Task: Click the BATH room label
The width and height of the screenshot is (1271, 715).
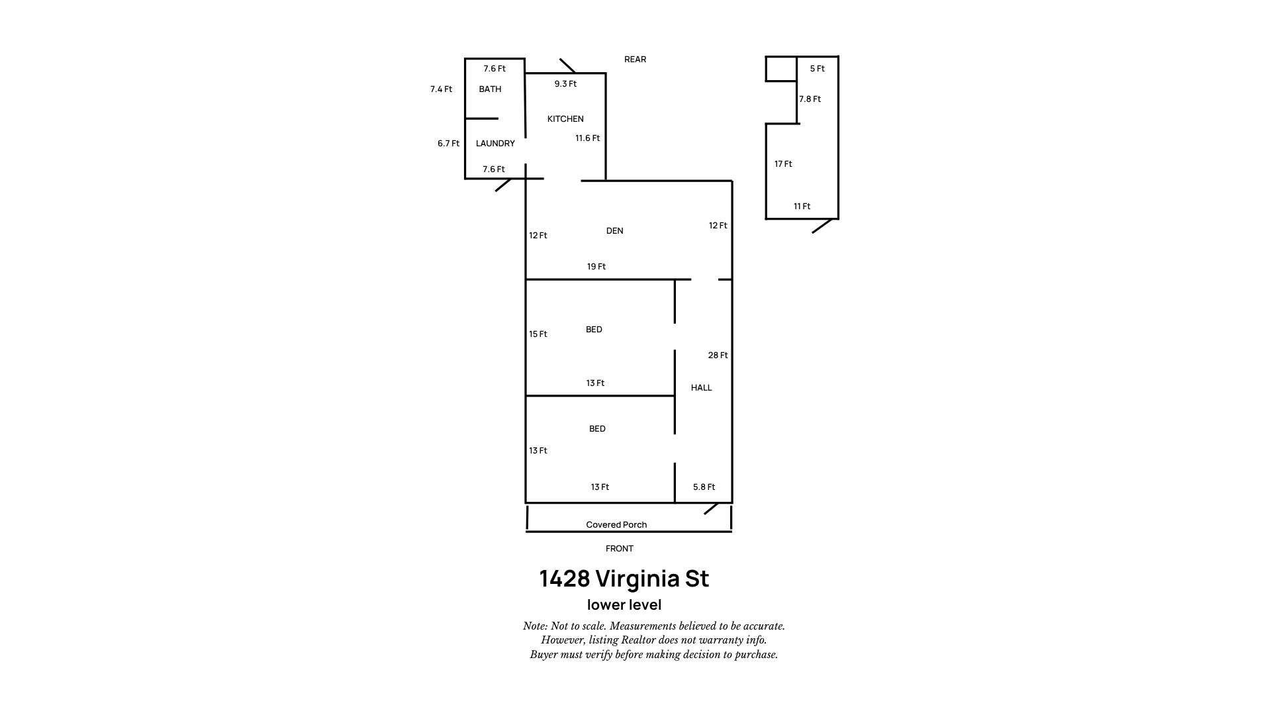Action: [490, 89]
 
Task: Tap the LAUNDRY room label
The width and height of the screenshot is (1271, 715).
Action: [495, 144]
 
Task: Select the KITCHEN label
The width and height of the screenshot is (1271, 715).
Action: [565, 119]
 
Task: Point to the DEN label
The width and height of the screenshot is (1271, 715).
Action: [614, 231]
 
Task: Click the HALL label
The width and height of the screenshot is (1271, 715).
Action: [701, 388]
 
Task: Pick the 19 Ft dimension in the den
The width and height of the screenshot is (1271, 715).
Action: [596, 267]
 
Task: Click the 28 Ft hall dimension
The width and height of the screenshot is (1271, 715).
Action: [718, 356]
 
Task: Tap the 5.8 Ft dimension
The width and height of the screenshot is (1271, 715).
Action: [704, 487]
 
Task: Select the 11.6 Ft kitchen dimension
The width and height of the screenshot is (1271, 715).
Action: [587, 138]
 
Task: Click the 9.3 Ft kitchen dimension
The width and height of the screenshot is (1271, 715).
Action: [565, 84]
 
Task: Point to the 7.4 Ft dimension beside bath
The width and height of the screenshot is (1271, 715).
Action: [441, 89]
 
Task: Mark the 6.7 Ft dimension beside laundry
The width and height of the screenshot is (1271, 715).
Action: [448, 144]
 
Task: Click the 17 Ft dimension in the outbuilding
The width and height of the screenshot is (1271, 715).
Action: [783, 164]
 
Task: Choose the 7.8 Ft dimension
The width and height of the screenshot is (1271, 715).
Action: [810, 99]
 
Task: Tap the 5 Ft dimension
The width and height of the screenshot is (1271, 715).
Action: [818, 69]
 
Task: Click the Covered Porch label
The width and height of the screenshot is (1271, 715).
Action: [616, 525]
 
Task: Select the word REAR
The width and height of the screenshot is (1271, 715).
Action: [635, 60]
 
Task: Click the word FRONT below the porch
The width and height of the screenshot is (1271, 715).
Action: [620, 549]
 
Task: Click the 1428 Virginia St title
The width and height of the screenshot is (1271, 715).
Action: [624, 579]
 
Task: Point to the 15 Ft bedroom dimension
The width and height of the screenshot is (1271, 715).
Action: [538, 334]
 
